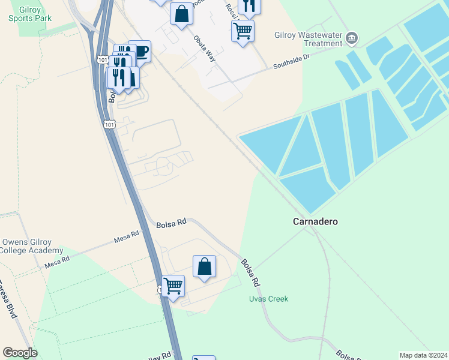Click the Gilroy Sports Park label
pos(30,14)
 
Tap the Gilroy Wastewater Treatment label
pos(307,39)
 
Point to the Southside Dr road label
pos(292,62)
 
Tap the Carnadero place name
pos(315,221)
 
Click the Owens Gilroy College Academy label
pos(32,246)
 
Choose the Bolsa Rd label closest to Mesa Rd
pos(171,223)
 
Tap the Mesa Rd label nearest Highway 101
pos(126,239)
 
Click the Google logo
pos(20,352)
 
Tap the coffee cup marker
pos(139,50)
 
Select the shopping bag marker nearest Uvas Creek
pos(204,265)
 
